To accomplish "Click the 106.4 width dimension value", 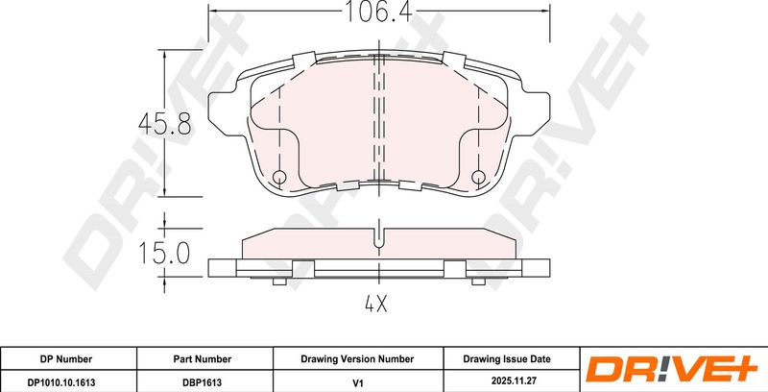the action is click(x=379, y=12).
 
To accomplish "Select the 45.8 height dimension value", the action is click(x=164, y=124).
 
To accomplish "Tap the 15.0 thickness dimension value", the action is click(x=164, y=254).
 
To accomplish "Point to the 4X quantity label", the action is click(x=376, y=305).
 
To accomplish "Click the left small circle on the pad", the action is click(x=279, y=177).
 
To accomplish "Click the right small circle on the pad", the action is click(x=478, y=177).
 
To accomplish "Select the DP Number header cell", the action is click(x=65, y=359).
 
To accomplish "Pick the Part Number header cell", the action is click(x=203, y=359).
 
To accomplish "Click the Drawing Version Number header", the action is click(x=357, y=359).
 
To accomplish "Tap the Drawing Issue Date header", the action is click(x=507, y=359).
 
